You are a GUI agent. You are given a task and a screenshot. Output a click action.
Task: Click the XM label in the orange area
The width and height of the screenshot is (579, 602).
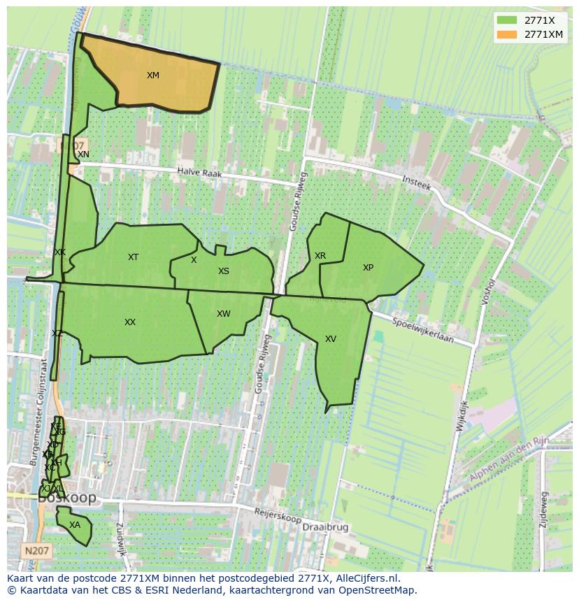(x=152, y=76)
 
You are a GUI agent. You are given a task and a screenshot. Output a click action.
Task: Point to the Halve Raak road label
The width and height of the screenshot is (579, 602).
(x=199, y=172)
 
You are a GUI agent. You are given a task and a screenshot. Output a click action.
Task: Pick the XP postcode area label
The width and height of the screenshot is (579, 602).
(x=368, y=268)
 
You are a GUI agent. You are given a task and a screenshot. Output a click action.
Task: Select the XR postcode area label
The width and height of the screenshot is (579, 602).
(x=320, y=256)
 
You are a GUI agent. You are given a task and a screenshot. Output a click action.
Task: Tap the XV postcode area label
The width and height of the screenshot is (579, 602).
(x=330, y=339)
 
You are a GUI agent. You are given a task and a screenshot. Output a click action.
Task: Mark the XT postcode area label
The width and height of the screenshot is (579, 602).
(x=133, y=257)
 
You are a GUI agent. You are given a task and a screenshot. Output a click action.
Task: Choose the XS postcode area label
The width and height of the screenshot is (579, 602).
(x=223, y=271)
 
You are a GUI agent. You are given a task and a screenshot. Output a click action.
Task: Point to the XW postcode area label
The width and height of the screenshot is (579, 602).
(x=223, y=314)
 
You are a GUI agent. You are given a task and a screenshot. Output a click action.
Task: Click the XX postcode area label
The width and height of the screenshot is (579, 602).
(x=129, y=322)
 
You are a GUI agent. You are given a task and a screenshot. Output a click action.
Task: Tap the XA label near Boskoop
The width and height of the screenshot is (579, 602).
(x=74, y=525)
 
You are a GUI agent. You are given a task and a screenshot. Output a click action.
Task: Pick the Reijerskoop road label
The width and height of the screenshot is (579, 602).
(x=278, y=517)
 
